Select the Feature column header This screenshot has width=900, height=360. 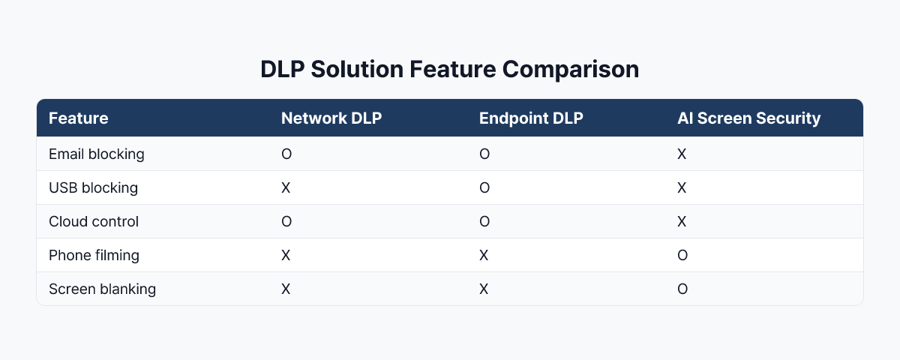78,118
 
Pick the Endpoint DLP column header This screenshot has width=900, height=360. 531,118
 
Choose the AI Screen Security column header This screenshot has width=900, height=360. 748,118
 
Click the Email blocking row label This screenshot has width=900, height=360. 96,154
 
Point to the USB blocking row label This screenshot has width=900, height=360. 93,187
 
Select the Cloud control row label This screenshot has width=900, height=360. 93,221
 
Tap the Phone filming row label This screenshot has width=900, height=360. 94,255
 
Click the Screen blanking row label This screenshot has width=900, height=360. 102,289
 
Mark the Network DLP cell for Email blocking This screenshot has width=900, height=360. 286,154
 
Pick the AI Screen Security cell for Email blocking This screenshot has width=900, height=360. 682,154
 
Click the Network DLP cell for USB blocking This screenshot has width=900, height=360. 286,187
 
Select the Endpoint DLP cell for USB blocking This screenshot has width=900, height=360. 484,187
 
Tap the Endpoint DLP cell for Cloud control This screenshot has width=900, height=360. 484,221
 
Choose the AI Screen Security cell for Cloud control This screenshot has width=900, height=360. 682,221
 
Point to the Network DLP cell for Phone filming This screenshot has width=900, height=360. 286,255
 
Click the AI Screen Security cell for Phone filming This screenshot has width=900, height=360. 682,255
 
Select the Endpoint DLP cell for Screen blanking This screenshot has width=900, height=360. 484,289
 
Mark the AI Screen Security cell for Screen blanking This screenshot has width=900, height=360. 682,289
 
